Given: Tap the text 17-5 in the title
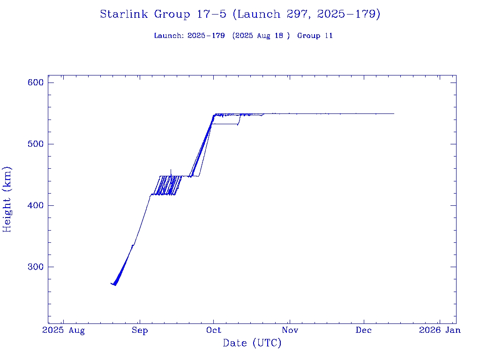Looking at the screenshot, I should click(x=211, y=15).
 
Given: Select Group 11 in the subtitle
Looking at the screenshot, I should click(x=315, y=36).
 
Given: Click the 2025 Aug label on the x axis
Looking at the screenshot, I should click(x=64, y=330).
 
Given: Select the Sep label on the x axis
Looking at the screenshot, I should click(x=140, y=330).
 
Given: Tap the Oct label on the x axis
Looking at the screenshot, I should click(x=213, y=330).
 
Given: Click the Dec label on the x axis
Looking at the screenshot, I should click(x=364, y=330).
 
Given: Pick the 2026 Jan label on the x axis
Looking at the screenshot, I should click(x=440, y=330).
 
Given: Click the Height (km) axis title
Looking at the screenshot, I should click(x=7, y=199).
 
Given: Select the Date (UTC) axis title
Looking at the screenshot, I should click(x=252, y=343).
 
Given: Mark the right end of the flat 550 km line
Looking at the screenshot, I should click(x=394, y=113).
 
